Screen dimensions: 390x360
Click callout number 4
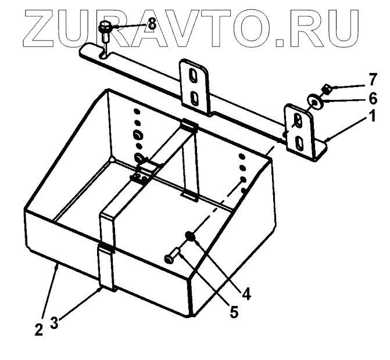click(x=246, y=294)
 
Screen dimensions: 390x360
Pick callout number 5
click(x=233, y=312)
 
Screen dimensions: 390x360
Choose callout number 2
click(x=38, y=330)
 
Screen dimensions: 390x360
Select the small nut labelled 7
click(x=327, y=89)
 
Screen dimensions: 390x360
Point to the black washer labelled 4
click(x=189, y=236)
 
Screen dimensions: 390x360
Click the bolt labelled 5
click(x=173, y=256)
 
